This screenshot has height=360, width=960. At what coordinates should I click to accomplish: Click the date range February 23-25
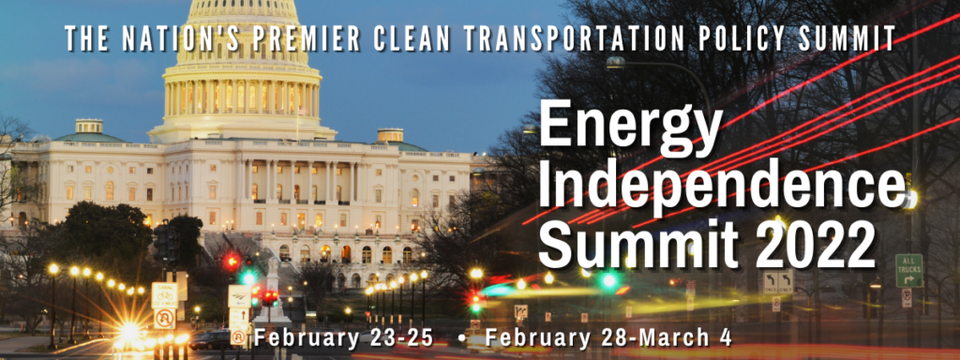(x=344, y=337)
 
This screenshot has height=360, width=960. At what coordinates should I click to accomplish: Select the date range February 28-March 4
(x=607, y=337)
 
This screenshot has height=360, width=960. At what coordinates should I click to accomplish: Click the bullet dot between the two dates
(x=459, y=337)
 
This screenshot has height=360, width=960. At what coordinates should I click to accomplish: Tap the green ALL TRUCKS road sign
(x=908, y=270)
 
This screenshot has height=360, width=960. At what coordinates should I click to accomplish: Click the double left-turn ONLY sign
(x=777, y=282)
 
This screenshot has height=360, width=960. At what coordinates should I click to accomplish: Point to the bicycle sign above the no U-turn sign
(x=164, y=294)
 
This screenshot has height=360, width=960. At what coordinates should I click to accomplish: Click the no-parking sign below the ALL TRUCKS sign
(x=907, y=297)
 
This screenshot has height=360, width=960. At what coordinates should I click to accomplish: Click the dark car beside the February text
(x=210, y=339)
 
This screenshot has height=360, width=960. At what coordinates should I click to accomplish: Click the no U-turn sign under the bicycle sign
(x=164, y=319)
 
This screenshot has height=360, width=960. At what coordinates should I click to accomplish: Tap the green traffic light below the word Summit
(x=607, y=280)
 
